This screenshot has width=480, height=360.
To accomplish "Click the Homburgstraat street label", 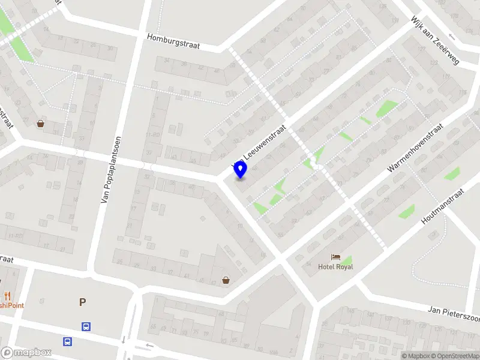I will click(x=174, y=41).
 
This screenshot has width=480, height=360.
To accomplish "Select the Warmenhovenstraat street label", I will click(x=415, y=149).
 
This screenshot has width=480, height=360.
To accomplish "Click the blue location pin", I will click(x=241, y=170).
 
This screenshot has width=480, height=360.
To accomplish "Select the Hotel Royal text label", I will click(x=335, y=266).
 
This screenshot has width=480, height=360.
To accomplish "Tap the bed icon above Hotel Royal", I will click(x=335, y=257).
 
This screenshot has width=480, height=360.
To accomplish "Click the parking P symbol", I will click(x=82, y=302).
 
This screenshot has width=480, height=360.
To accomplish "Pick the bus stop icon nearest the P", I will click(x=86, y=327).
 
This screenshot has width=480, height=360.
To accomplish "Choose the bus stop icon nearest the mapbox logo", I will click(x=68, y=341).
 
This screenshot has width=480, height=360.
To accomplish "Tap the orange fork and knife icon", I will click(x=8, y=295).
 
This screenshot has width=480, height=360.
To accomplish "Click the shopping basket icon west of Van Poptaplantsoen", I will click(x=40, y=124).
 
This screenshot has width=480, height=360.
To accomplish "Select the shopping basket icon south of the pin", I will click(x=226, y=280).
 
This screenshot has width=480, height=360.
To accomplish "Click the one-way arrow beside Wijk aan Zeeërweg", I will click(x=451, y=37).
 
